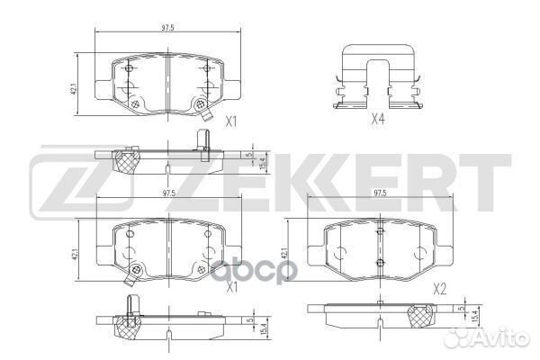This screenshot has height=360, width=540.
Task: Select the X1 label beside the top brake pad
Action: pyautogui.click(x=230, y=121)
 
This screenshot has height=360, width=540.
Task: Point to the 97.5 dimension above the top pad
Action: pyautogui.click(x=167, y=30)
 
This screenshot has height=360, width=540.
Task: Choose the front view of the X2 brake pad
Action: pyautogui.click(x=380, y=248)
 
